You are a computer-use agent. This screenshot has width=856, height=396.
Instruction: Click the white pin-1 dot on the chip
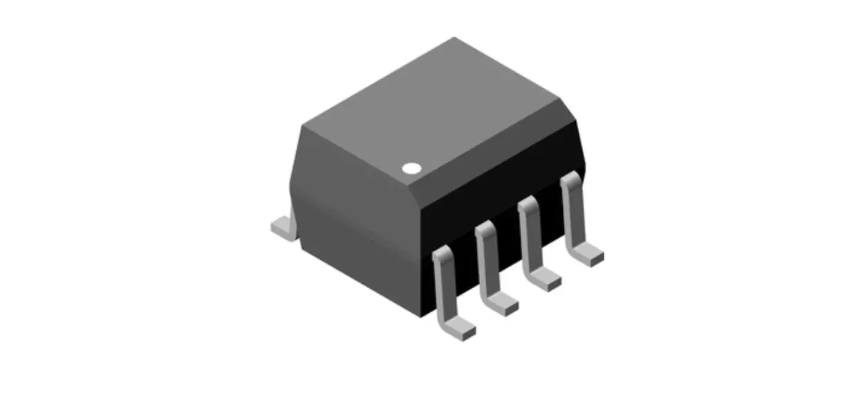tap(411, 168)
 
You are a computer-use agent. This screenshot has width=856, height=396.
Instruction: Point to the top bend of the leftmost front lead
tap(442, 256)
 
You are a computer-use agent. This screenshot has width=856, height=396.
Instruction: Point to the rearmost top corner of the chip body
tap(454, 38)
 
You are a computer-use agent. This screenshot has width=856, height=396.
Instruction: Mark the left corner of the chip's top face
tap(302, 125)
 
